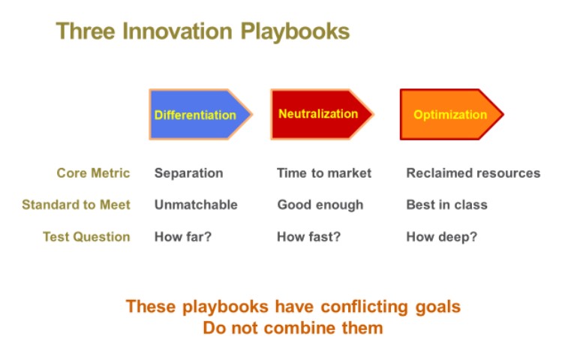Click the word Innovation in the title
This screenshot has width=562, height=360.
pyautogui.click(x=177, y=31)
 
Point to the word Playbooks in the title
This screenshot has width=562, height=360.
pyautogui.click(x=295, y=32)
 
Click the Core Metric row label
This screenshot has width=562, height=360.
pyautogui.click(x=93, y=173)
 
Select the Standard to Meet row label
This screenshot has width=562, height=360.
pyautogui.click(x=76, y=205)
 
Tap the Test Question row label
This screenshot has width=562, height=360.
pyautogui.click(x=86, y=237)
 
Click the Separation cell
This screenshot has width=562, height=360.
pyautogui.click(x=189, y=173)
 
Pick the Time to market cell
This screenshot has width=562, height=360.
pyautogui.click(x=324, y=173)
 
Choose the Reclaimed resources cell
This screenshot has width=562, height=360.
pyautogui.click(x=473, y=173)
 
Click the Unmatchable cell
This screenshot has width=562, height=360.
pyautogui.click(x=196, y=205)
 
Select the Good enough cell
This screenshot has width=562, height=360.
pyautogui.click(x=320, y=205)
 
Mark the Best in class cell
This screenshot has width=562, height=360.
pyautogui.click(x=447, y=205)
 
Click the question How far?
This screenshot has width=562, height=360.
pyautogui.click(x=183, y=237)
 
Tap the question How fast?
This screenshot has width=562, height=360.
pyautogui.click(x=308, y=237)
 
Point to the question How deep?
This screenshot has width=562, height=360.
pyautogui.click(x=441, y=237)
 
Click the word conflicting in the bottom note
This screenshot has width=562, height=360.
pyautogui.click(x=364, y=307)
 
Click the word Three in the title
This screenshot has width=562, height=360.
pyautogui.click(x=86, y=31)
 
